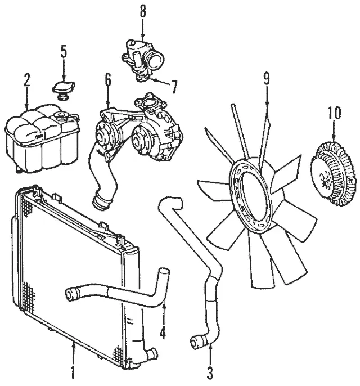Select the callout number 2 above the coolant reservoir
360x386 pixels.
click(26, 79)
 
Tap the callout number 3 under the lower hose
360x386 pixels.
click(210, 372)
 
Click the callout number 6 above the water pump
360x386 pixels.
click(107, 79)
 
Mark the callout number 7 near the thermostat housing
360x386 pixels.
click(174, 87)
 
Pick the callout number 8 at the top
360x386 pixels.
click(143, 11)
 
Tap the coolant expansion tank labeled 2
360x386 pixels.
click(39, 141)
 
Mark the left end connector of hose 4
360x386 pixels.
click(73, 293)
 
